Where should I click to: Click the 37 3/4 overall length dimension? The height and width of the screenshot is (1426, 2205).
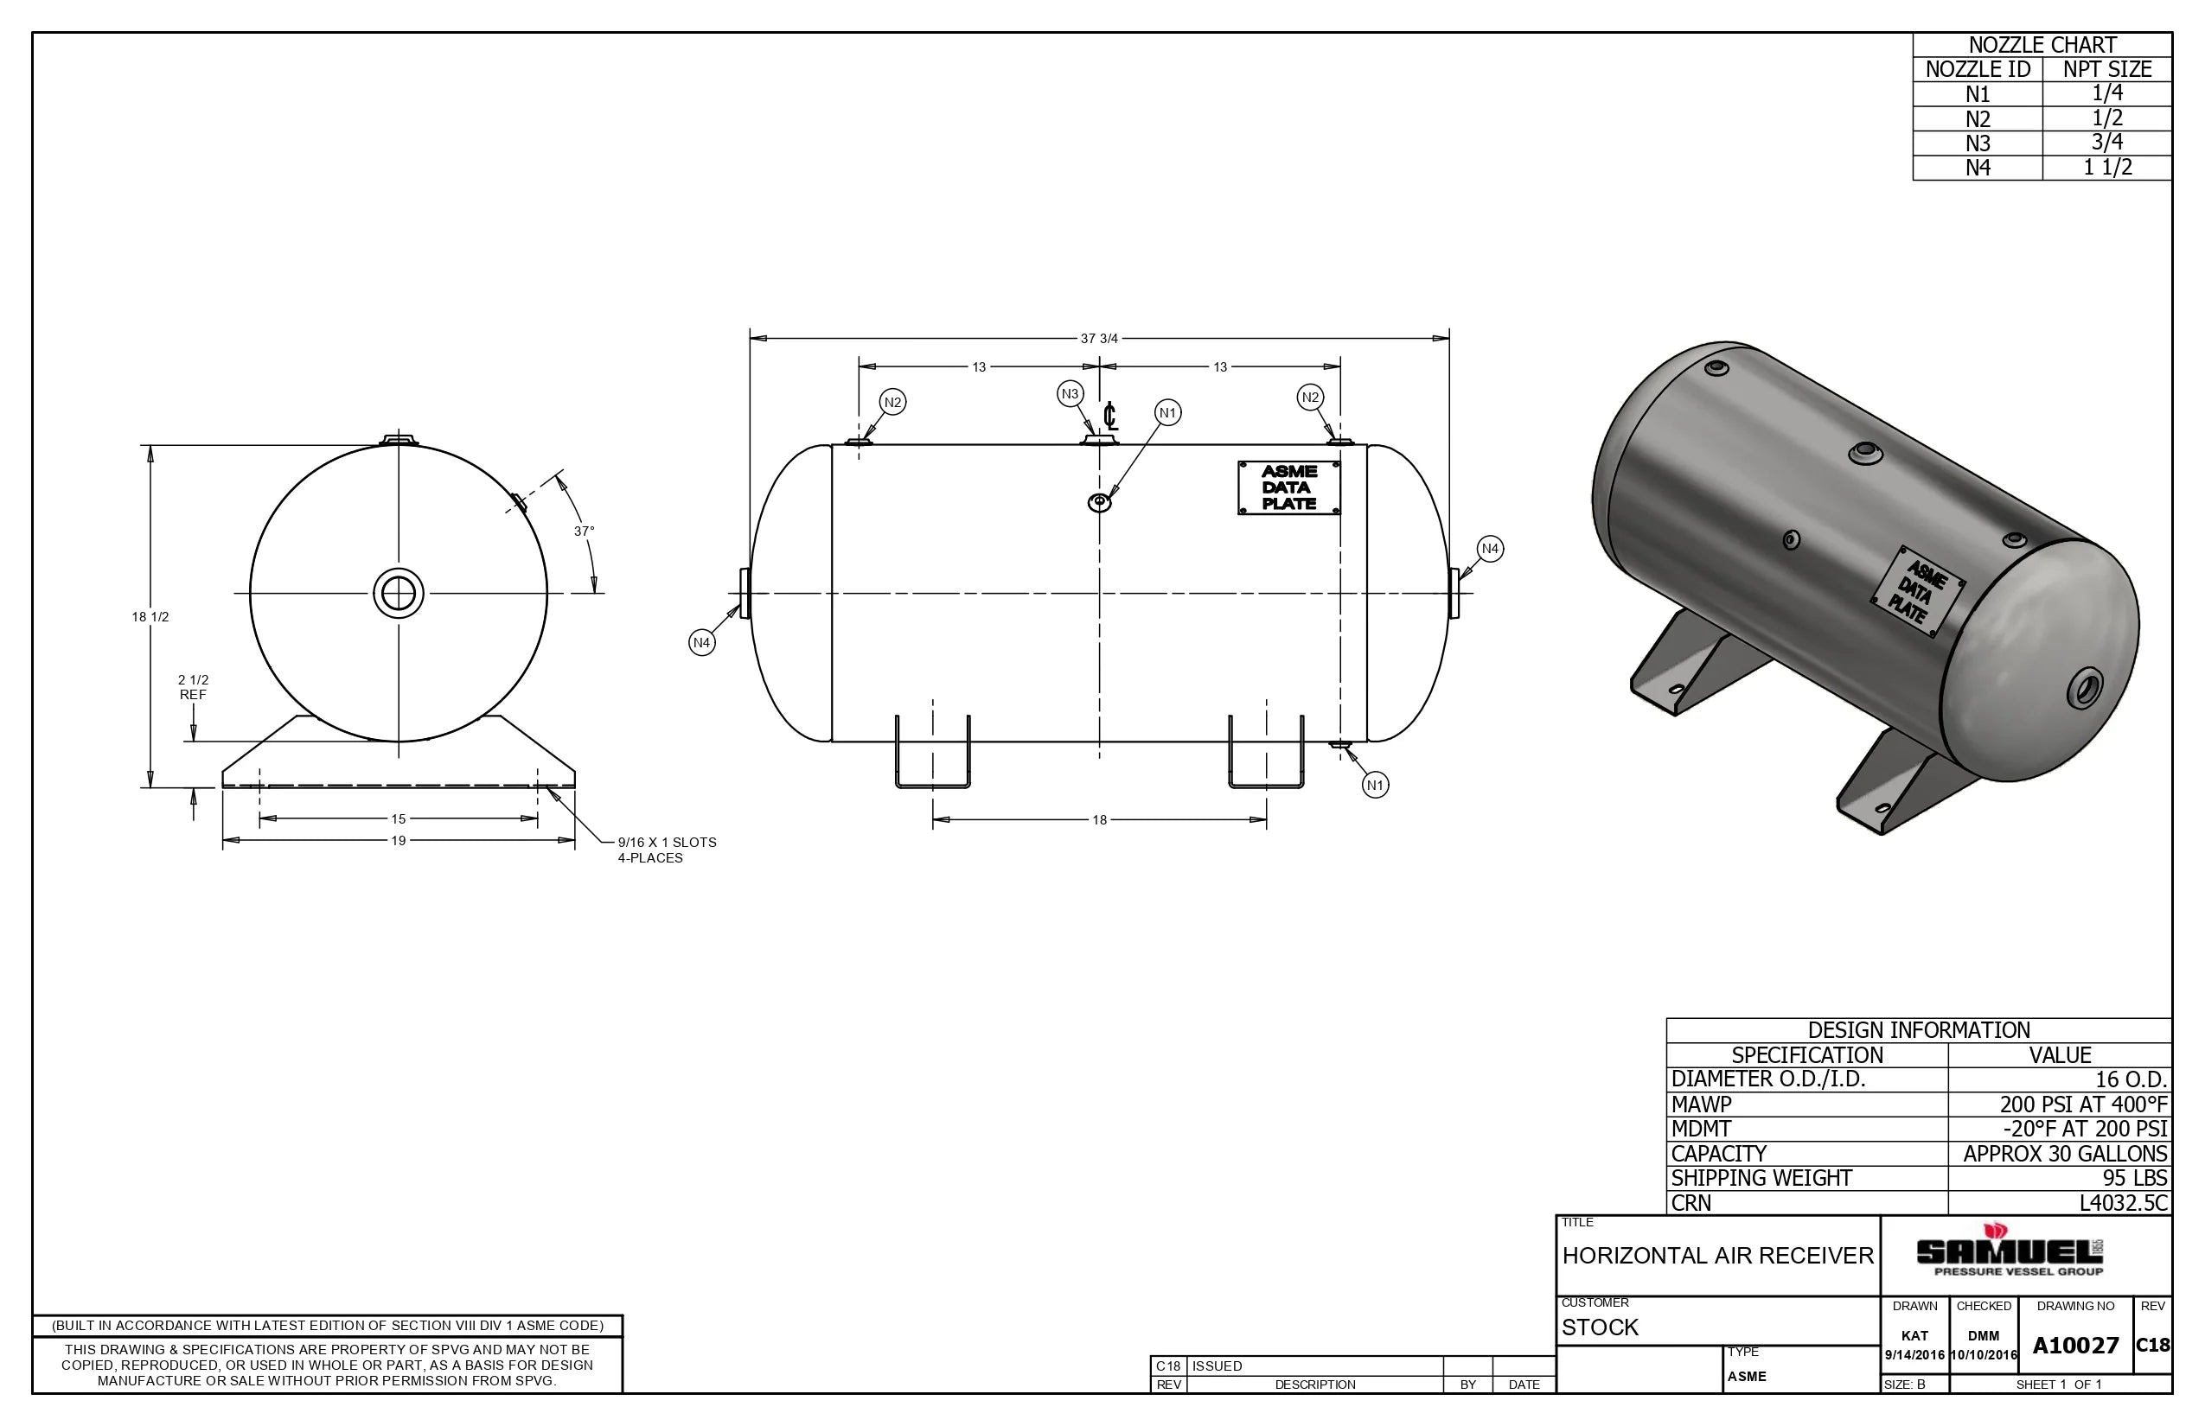(1099, 338)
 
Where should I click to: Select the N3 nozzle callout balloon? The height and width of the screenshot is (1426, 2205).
(1071, 393)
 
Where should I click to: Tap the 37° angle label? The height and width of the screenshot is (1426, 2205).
(584, 532)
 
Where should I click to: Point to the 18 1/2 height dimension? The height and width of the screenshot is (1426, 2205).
(150, 617)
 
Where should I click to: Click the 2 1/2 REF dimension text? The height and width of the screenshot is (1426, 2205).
(193, 687)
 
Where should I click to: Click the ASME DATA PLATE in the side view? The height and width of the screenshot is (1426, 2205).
(1288, 488)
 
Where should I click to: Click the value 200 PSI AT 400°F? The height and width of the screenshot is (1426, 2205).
(2083, 1105)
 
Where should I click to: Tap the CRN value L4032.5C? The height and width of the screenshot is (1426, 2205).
(2123, 1203)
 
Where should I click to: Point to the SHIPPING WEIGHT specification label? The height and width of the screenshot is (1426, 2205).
(1761, 1178)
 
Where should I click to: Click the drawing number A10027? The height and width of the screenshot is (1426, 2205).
(2075, 1346)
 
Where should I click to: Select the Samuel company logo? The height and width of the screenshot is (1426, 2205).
(2009, 1252)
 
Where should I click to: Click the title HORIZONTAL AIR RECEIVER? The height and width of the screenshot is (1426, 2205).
(1717, 1256)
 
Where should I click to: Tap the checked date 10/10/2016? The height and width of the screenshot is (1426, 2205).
(1983, 1355)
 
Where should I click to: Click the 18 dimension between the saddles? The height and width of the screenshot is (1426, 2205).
(1099, 819)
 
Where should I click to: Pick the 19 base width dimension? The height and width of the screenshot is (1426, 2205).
(399, 840)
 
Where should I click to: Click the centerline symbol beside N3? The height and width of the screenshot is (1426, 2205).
(1110, 417)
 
